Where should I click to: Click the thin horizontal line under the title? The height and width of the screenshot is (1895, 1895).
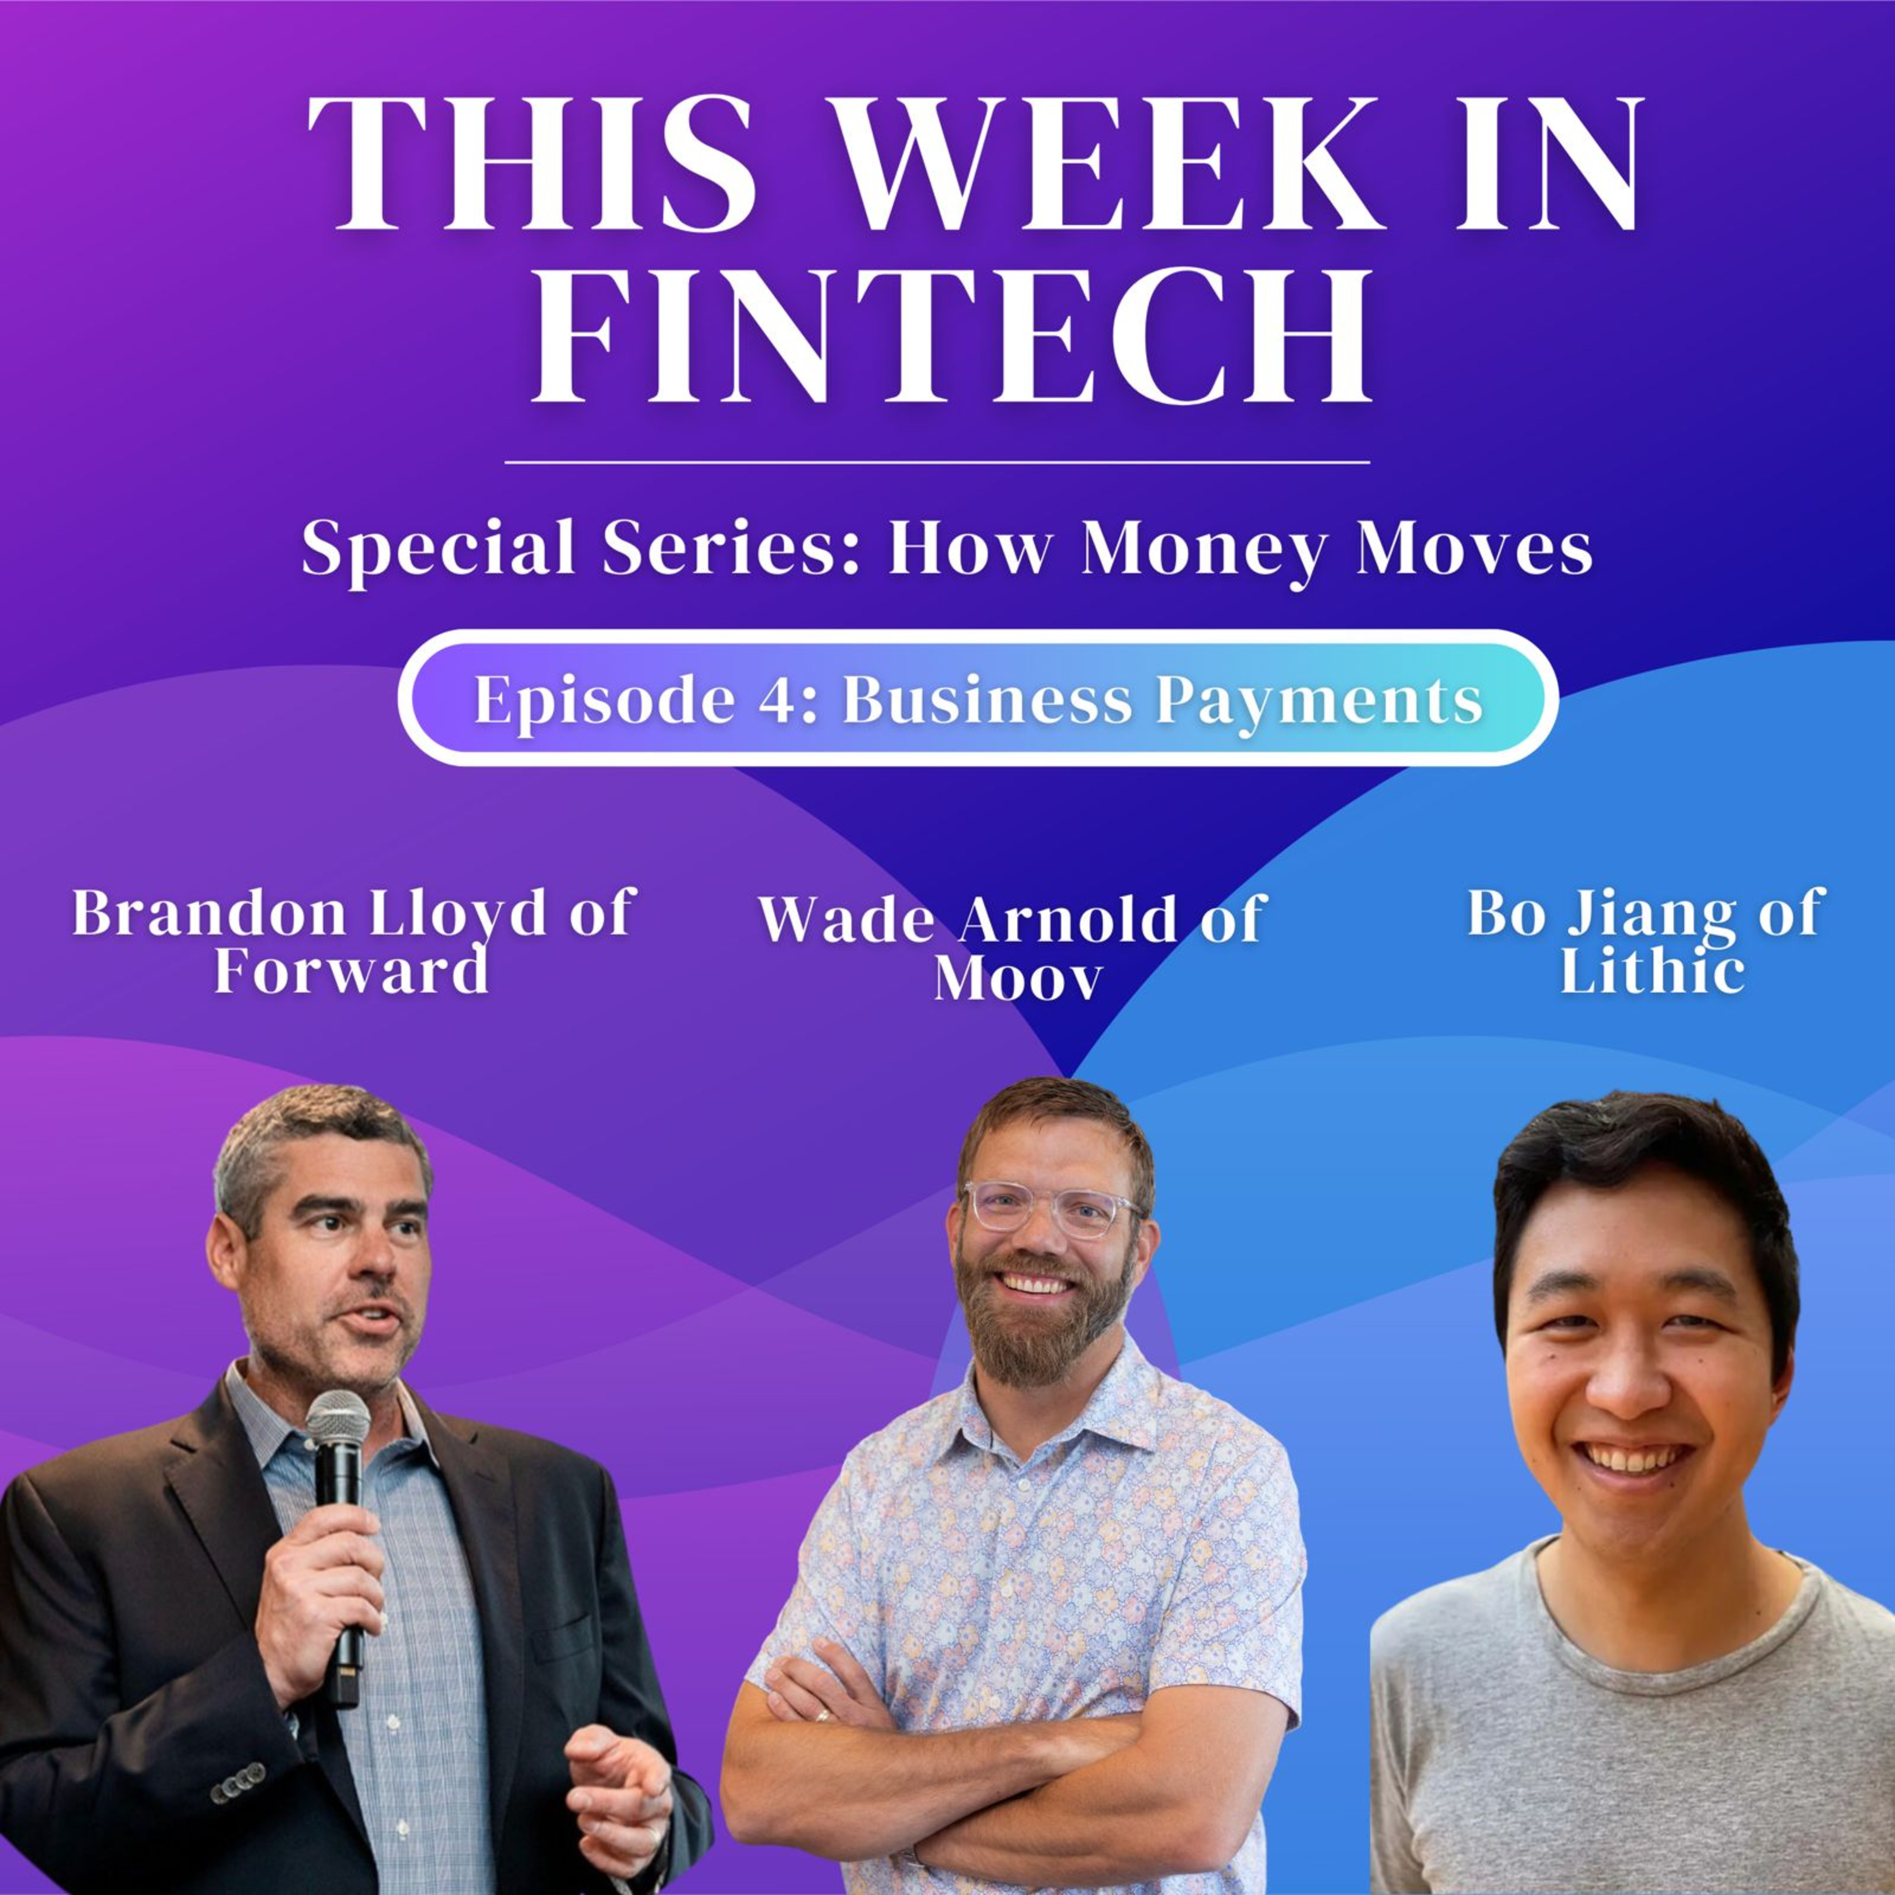(x=937, y=461)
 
